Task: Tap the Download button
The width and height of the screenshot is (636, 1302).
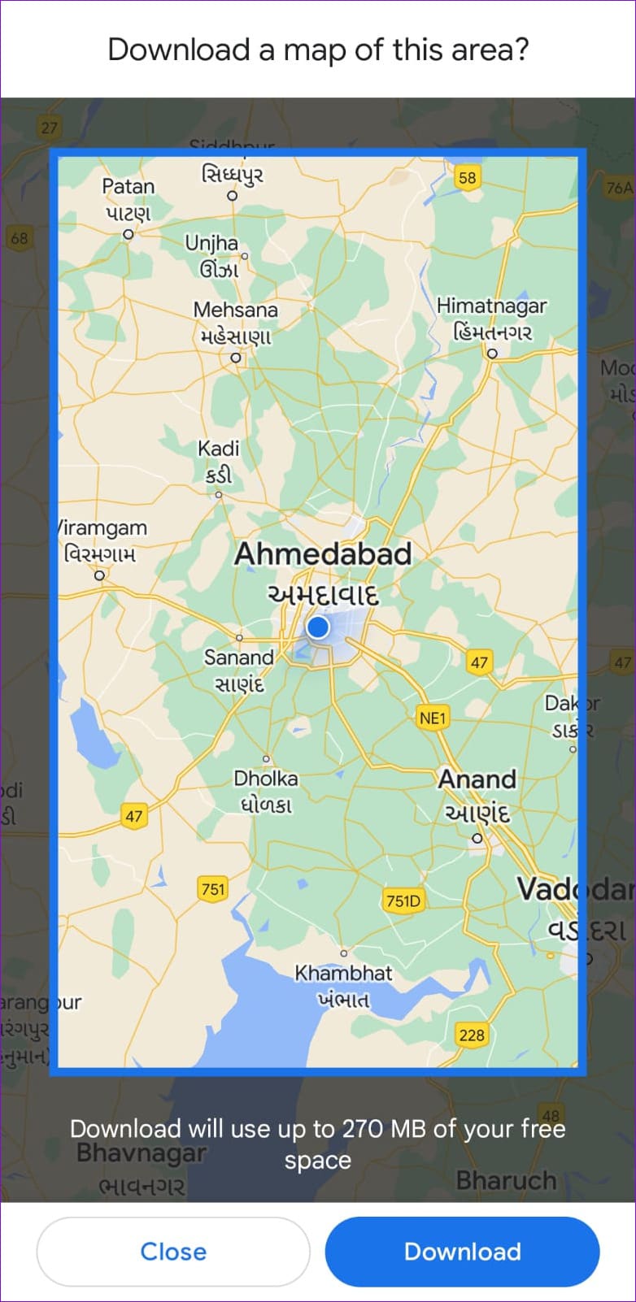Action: click(x=462, y=1251)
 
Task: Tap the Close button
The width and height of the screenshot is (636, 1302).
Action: click(x=173, y=1251)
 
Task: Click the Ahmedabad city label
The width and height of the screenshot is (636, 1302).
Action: click(x=323, y=554)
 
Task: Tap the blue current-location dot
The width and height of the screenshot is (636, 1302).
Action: click(x=318, y=627)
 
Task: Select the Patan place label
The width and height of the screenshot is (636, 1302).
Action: click(x=128, y=187)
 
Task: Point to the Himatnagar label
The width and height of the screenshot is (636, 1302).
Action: click(x=491, y=306)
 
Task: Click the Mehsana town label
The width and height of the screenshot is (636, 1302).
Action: click(x=235, y=310)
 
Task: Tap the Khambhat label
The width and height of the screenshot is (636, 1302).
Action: click(x=343, y=973)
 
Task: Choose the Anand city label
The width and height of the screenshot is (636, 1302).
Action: click(x=477, y=779)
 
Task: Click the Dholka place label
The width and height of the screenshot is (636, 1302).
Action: click(x=265, y=779)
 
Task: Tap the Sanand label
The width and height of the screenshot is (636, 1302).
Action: click(x=238, y=657)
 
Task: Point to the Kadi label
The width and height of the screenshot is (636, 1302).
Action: click(x=218, y=449)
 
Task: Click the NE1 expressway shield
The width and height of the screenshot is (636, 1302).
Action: click(x=433, y=718)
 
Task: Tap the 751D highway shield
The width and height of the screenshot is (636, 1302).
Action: click(x=403, y=901)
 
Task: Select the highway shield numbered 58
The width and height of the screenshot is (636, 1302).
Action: click(x=467, y=178)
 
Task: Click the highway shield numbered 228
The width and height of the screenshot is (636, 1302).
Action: click(x=472, y=1035)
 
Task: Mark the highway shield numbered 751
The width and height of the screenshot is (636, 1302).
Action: click(x=213, y=889)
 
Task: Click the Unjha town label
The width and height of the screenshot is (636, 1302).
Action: click(x=211, y=243)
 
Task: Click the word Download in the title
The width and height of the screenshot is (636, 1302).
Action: click(x=179, y=50)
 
